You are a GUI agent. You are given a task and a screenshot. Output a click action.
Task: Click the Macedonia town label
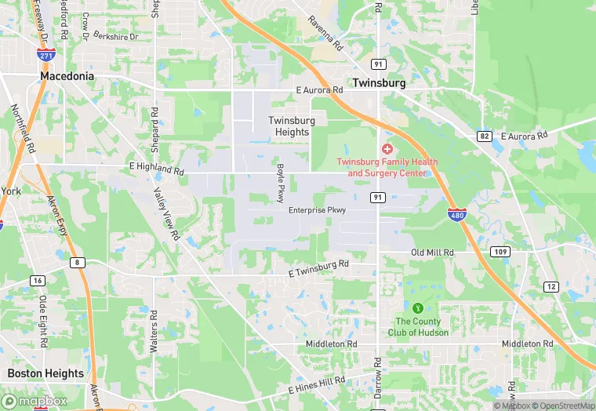click(67, 77)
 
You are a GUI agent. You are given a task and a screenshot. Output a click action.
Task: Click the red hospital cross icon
click(387, 149)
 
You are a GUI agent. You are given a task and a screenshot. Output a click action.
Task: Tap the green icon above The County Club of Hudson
click(418, 307)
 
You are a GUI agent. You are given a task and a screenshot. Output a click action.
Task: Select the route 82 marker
click(485, 136)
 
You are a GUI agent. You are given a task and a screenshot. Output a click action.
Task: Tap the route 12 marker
click(552, 287)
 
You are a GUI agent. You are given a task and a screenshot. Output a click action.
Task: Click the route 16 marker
click(38, 280)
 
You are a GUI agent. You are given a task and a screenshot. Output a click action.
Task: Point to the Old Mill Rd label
click(433, 253)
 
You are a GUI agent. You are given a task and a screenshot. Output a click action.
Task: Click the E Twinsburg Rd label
click(318, 269)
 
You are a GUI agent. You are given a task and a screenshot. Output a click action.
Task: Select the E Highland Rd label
click(157, 169)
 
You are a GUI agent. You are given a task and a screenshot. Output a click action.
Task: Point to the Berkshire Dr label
click(115, 36)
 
